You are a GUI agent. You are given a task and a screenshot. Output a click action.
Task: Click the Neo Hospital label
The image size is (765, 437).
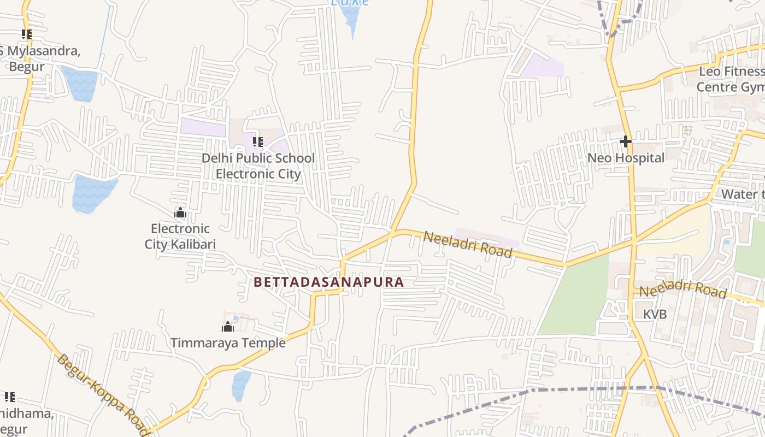tap(626, 158)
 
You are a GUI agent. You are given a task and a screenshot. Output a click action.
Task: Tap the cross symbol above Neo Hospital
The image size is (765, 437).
tap(626, 141)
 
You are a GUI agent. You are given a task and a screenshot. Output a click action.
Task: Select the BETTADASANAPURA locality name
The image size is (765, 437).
tap(329, 282)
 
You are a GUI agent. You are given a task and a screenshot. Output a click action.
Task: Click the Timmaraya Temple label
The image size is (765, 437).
tap(228, 343)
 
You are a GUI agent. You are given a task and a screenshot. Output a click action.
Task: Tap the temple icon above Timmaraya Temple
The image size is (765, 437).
tap(228, 327)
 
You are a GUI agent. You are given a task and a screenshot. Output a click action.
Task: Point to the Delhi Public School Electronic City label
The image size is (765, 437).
tap(258, 166)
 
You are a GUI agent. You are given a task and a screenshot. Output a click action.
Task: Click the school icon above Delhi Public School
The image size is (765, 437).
tap(258, 142)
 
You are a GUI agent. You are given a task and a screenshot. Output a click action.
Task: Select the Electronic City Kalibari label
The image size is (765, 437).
tap(180, 236)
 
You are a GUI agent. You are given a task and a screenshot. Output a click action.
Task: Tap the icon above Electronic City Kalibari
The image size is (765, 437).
tap(180, 212)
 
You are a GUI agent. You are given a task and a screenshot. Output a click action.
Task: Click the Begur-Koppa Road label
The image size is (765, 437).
tap(103, 394)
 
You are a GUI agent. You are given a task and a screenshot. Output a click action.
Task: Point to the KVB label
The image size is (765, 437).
tap(655, 315)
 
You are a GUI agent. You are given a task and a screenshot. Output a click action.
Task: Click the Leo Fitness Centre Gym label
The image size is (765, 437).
tap(731, 79)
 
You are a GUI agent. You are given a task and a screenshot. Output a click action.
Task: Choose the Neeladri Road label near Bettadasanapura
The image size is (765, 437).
tap(468, 244)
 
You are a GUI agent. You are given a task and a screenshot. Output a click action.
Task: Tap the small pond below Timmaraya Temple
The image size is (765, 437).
tap(240, 385)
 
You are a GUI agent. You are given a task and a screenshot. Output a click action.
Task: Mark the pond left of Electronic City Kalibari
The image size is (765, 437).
tap(92, 193)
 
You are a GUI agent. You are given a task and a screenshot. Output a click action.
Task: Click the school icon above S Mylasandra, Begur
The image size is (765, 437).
tap(26, 34)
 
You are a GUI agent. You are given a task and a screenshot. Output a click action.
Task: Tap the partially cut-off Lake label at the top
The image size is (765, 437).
tap(350, 3)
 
